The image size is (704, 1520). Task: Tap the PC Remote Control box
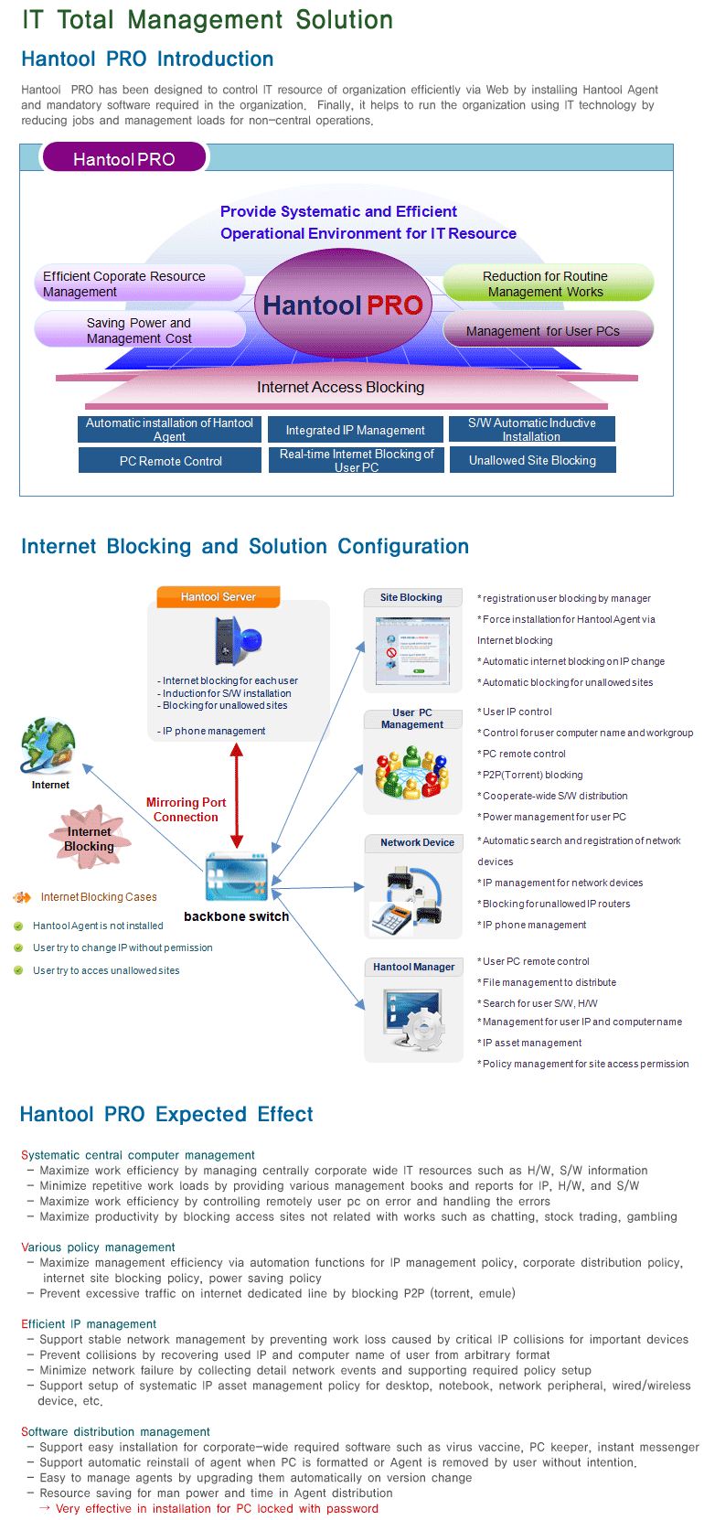click(169, 461)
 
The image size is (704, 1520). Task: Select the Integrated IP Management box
click(356, 430)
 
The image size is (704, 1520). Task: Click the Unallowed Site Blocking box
click(532, 460)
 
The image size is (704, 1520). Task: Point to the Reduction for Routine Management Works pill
click(548, 283)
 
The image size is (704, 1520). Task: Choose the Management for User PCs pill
click(548, 330)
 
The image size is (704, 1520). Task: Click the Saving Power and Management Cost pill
click(140, 330)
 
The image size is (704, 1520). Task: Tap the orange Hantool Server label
click(219, 596)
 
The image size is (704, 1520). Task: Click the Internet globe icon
click(48, 745)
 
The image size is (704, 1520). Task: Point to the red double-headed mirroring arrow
click(237, 796)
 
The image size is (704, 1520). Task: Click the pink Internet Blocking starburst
click(90, 838)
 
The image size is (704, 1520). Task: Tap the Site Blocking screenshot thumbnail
click(412, 651)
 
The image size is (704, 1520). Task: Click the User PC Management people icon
click(412, 772)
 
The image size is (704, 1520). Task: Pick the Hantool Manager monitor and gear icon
click(414, 1018)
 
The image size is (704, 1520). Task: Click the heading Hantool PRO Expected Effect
click(166, 1114)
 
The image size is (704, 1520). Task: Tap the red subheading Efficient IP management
click(88, 1323)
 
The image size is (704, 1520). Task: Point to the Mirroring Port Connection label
click(186, 809)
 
